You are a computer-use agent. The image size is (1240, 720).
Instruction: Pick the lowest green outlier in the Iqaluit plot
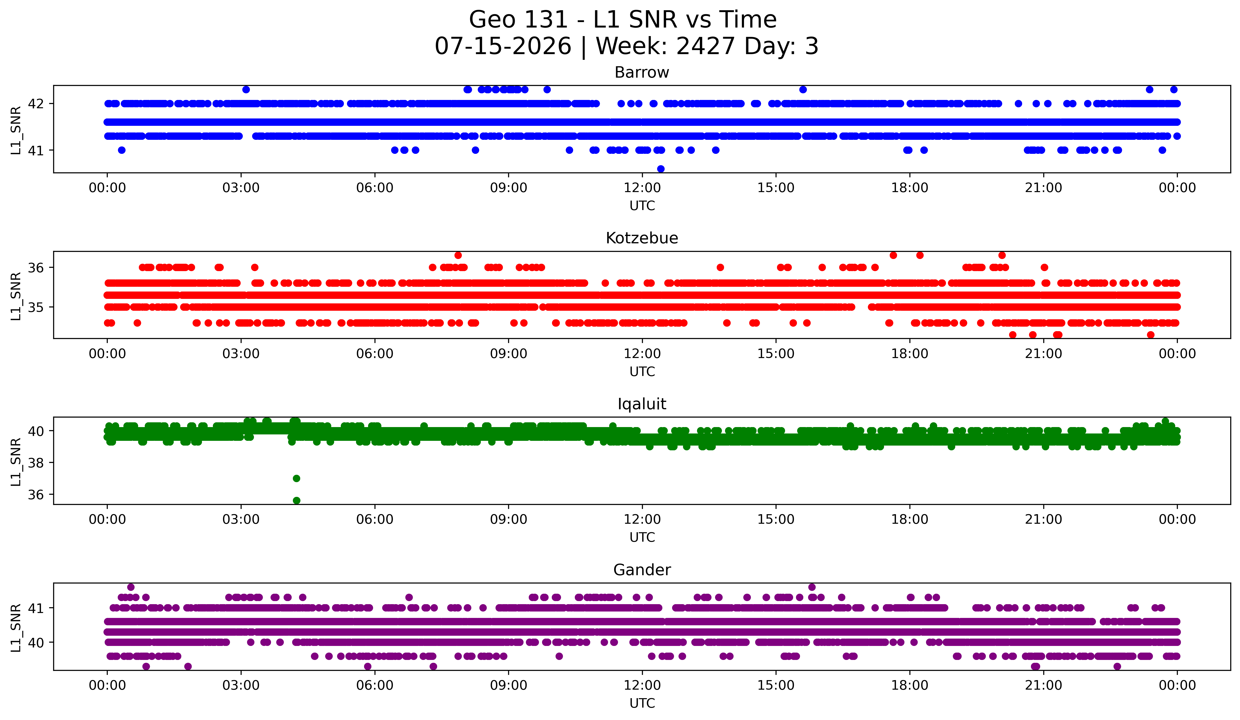296,500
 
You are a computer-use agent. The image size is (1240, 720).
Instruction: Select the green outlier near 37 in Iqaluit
296,478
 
